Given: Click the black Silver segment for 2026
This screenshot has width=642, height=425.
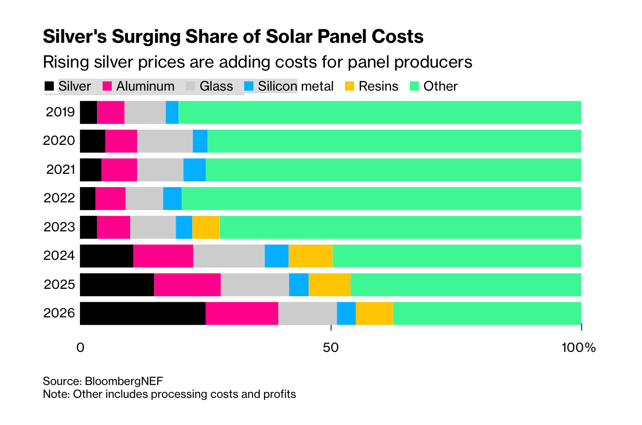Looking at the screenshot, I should tap(143, 313).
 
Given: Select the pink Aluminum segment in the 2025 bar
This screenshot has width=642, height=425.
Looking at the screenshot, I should tap(187, 285).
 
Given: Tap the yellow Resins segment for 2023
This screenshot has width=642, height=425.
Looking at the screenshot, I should tap(206, 227).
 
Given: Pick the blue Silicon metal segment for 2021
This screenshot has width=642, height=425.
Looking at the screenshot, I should tap(194, 170).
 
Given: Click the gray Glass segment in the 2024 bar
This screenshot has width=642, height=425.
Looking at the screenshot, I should tap(229, 256).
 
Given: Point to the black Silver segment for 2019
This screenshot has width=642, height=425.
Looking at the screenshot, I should tap(88, 112).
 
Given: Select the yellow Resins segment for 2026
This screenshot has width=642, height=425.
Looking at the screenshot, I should tap(374, 313).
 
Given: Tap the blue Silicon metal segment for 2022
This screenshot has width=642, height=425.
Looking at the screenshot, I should tap(172, 199).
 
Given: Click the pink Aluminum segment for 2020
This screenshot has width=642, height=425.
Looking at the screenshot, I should tap(121, 141).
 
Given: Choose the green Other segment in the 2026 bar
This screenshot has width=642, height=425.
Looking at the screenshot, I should tap(487, 313).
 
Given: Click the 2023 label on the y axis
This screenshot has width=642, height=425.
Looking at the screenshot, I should tap(59, 227).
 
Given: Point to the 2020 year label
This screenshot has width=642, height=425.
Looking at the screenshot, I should tap(59, 141).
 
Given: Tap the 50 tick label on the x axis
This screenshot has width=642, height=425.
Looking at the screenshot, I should tap(331, 348).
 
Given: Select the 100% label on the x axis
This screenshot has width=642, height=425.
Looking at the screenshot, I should tap(578, 348).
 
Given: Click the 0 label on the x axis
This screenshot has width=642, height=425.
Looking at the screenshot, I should tap(80, 348).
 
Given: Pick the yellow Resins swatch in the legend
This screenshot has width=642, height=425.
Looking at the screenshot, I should tap(350, 86).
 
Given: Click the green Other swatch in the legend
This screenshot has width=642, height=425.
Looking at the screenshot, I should tap(414, 86).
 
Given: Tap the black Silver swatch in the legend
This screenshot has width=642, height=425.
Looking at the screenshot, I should tap(49, 86).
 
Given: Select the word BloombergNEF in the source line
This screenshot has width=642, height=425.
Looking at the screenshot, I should tap(124, 381).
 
